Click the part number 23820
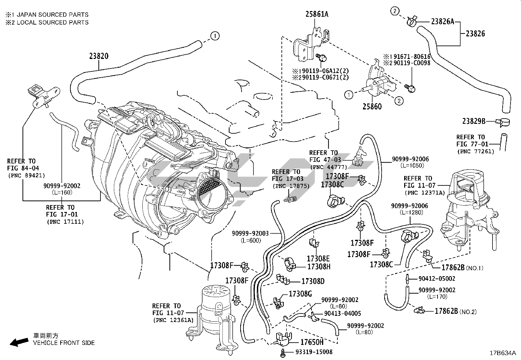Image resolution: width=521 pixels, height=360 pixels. pyautogui.click(x=99, y=56)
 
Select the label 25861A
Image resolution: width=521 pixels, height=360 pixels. pyautogui.click(x=317, y=14)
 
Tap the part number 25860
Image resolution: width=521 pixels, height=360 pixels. pyautogui.click(x=372, y=106)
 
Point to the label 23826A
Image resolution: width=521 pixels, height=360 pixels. pyautogui.click(x=442, y=22)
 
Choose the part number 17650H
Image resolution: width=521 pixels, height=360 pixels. pyautogui.click(x=312, y=342)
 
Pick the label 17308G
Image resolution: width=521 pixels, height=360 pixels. pyautogui.click(x=300, y=294)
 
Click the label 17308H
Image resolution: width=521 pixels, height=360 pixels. pyautogui.click(x=319, y=267)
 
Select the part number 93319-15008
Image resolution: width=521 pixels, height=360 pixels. pyautogui.click(x=314, y=352)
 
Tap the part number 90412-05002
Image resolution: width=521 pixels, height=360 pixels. pyautogui.click(x=437, y=279)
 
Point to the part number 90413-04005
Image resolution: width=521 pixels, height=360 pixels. pyautogui.click(x=342, y=313)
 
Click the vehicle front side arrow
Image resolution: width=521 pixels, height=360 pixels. pyautogui.click(x=19, y=342)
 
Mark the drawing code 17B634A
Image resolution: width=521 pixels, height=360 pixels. pyautogui.click(x=503, y=353)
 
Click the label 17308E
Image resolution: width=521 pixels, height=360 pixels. pyautogui.click(x=318, y=258)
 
